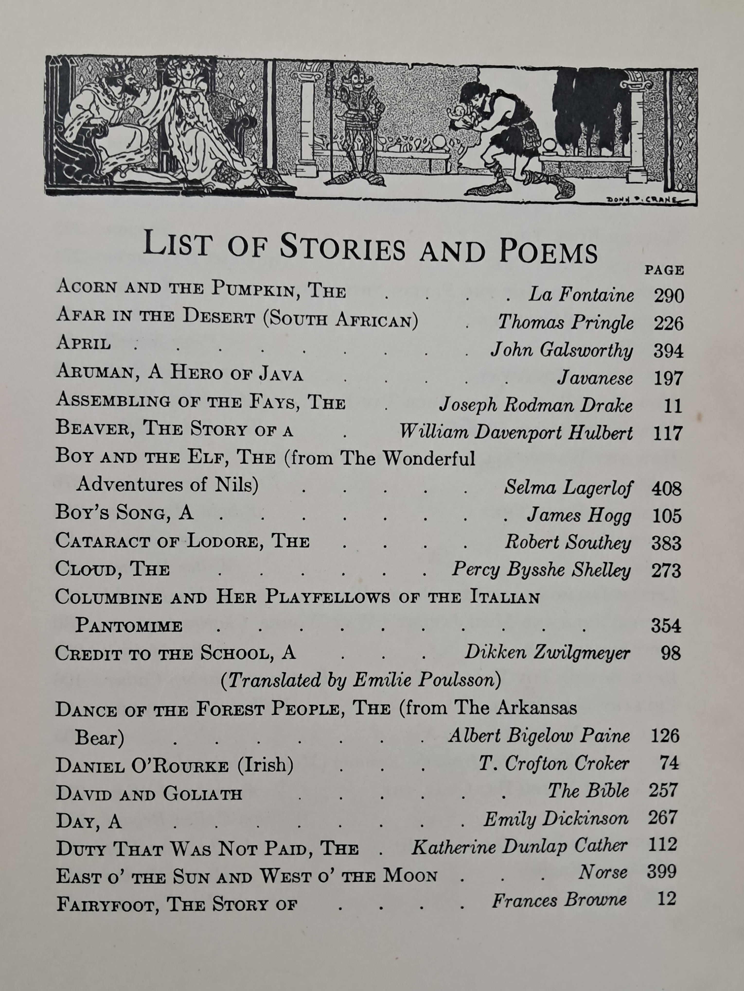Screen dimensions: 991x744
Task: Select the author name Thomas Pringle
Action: point(566,323)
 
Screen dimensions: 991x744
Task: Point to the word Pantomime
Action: point(129,625)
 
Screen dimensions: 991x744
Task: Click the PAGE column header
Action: point(664,271)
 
